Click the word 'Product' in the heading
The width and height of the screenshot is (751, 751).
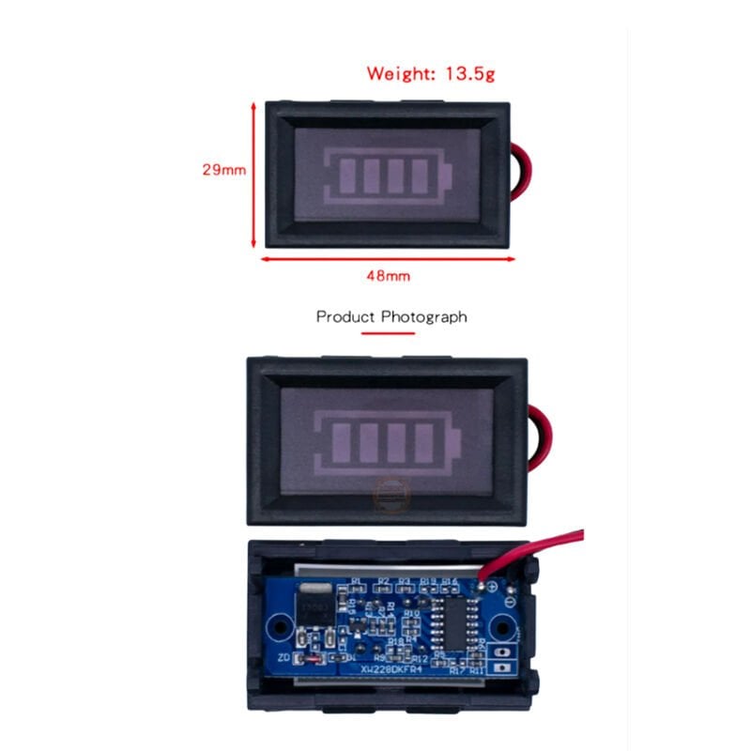pyautogui.click(x=345, y=316)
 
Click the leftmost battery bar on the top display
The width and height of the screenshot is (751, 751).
pyautogui.click(x=346, y=175)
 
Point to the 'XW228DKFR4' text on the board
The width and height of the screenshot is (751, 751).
pyautogui.click(x=395, y=669)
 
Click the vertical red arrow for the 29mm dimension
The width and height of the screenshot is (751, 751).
pyautogui.click(x=254, y=175)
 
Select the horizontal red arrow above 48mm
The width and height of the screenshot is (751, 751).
pyautogui.click(x=388, y=260)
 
